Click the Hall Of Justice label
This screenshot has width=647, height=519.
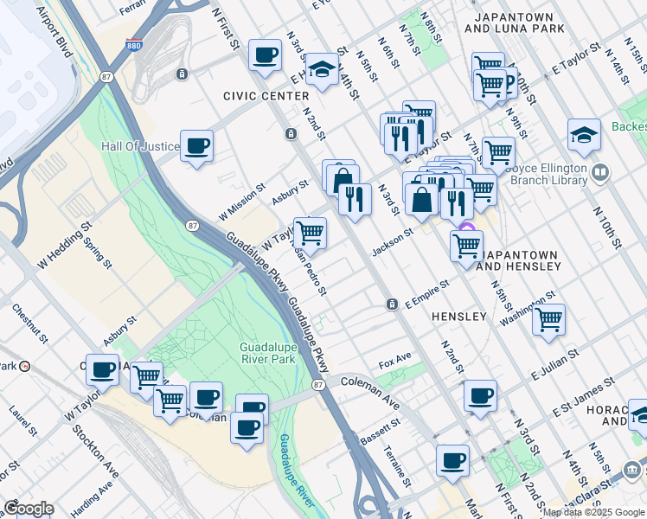click(x=140, y=146)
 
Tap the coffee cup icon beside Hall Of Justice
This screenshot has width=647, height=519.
click(x=197, y=146)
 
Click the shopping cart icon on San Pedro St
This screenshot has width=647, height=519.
click(x=310, y=232)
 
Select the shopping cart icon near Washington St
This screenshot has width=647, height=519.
click(x=548, y=319)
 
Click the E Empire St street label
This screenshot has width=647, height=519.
click(x=427, y=292)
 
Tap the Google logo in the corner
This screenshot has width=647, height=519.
click(x=28, y=509)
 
